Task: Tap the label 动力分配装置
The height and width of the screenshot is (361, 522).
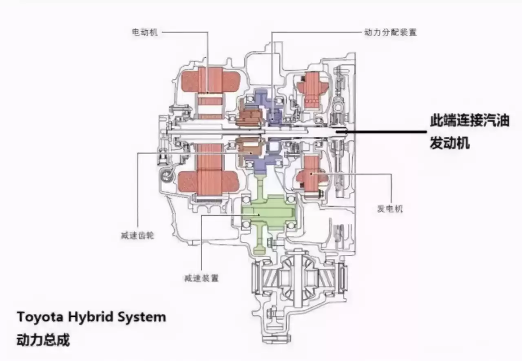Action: [x=390, y=32]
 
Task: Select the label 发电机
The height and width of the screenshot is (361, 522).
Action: [x=390, y=209]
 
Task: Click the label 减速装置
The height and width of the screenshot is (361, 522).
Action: [x=201, y=278]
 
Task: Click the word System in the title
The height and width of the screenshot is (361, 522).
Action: [x=145, y=317]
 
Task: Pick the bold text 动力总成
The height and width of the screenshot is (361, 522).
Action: [x=43, y=339]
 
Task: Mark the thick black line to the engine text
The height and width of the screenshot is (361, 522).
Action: [x=383, y=131]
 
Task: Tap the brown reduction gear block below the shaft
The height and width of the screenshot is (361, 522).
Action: [x=250, y=147]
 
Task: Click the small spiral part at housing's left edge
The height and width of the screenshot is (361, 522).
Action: [x=166, y=176]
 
